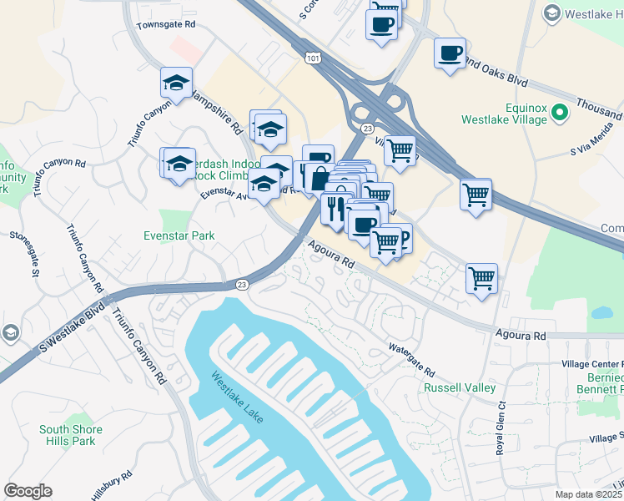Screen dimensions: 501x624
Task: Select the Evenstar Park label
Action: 179,235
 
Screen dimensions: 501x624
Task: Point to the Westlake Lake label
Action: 238,397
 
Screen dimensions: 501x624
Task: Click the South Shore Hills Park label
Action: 71,435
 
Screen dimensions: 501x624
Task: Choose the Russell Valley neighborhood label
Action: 460,387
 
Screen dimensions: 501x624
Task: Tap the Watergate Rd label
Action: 411,359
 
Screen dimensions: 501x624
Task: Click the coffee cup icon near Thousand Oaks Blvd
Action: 450,53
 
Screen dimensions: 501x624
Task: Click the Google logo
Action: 28,491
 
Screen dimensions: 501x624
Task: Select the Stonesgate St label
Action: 24,254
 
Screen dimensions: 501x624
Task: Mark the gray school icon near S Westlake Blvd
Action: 10,332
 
